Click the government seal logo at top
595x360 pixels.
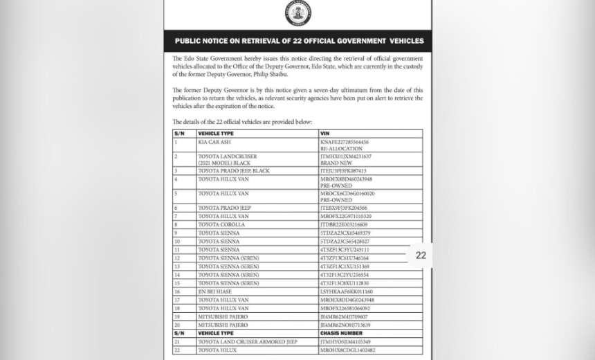[298, 12]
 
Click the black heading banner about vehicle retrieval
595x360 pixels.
[298, 41]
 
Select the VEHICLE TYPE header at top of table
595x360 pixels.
[216, 133]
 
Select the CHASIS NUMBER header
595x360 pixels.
[341, 333]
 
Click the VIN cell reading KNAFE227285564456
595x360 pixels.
[345, 142]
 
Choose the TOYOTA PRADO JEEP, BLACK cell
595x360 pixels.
[234, 170]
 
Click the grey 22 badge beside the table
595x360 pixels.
[421, 255]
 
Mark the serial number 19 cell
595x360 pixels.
[177, 316]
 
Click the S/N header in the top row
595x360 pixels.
[179, 133]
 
